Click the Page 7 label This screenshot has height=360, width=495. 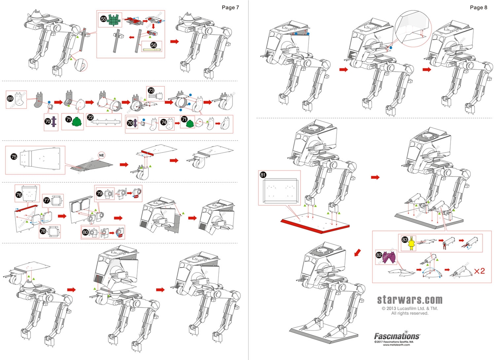[x=230, y=7]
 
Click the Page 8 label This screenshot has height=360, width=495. [x=478, y=7]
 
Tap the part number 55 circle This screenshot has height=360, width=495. [x=103, y=19]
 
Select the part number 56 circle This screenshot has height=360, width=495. [x=154, y=45]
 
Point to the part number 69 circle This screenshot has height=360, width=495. [x=10, y=99]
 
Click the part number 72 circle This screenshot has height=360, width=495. [x=90, y=116]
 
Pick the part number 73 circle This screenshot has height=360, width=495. [x=151, y=90]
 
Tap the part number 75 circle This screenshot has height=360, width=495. [x=14, y=157]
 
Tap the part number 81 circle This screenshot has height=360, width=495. [x=263, y=175]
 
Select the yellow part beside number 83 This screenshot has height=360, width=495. [x=413, y=243]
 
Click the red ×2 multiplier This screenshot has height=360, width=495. [x=480, y=271]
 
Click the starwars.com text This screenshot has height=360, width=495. [x=410, y=300]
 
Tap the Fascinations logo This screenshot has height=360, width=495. [x=397, y=335]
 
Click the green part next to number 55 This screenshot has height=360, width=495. [x=113, y=21]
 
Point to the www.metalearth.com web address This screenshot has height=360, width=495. [x=397, y=345]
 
